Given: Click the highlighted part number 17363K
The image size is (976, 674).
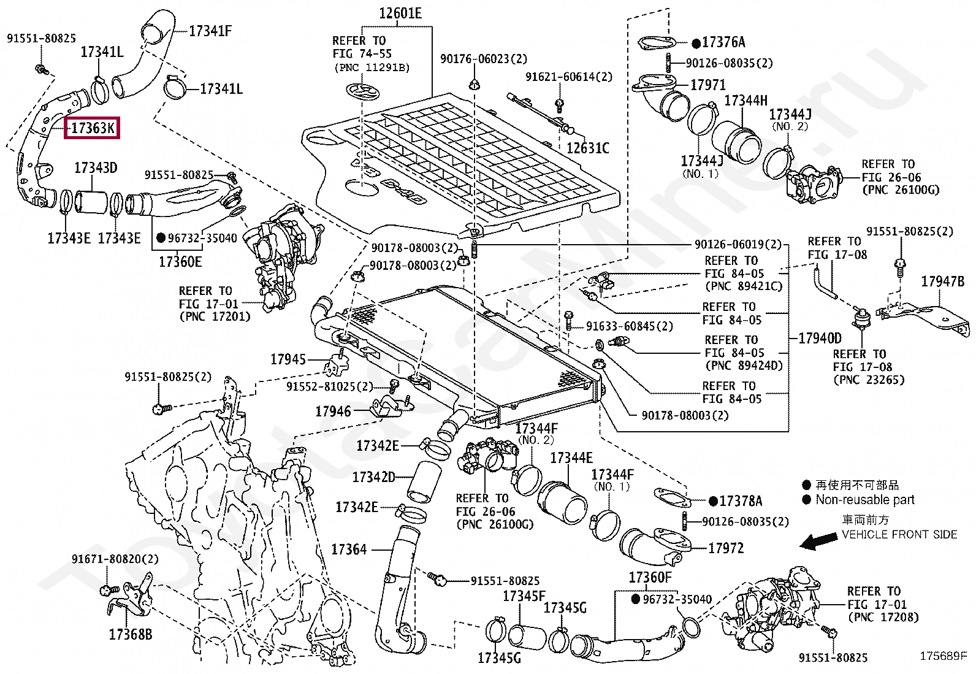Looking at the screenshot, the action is coord(93,128).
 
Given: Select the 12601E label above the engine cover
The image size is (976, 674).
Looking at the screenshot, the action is coord(400,13).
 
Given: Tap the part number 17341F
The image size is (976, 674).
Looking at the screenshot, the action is coord(210,31).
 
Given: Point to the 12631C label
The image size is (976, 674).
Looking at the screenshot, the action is coord(587,148).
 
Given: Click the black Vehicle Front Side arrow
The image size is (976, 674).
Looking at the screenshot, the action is coord(818,542).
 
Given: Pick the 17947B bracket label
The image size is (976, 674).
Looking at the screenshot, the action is coord(942,281).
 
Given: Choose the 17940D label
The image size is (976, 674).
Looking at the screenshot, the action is coord(820,338).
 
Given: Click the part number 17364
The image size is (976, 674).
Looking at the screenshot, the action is coord(349,550).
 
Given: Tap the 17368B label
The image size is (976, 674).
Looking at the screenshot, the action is coord(131,634).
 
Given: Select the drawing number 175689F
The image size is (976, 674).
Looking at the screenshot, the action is coord(944,656).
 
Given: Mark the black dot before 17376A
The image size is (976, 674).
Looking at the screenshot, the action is coord(696,43).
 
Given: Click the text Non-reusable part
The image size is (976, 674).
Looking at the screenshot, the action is coord(865,500).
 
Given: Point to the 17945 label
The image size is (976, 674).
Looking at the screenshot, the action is coord(288,359).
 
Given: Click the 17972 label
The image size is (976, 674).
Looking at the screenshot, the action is coord(726,548).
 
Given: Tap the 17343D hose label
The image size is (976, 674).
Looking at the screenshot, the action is coord(96,168).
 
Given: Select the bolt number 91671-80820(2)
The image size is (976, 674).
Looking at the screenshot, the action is coord(115,559).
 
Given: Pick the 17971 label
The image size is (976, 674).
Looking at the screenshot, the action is coord(708,85).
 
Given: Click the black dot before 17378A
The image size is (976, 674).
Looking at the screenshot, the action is coord(713,502).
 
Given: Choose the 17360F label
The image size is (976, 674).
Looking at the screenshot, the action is coord(650,578).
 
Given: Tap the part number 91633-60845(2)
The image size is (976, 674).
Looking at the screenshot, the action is coord(629,326).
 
